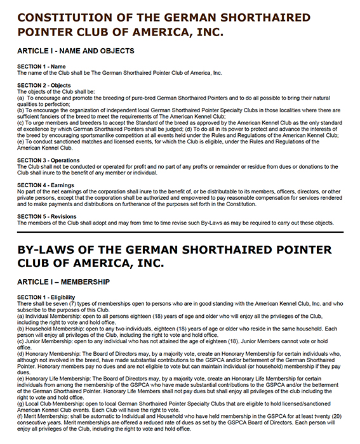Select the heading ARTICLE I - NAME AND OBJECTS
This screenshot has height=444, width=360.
[x=76, y=51]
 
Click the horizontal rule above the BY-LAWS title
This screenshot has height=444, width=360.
[x=180, y=232]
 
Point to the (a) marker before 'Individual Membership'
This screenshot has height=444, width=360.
[x=21, y=315]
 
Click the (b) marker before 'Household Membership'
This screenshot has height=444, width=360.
[x=21, y=329]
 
